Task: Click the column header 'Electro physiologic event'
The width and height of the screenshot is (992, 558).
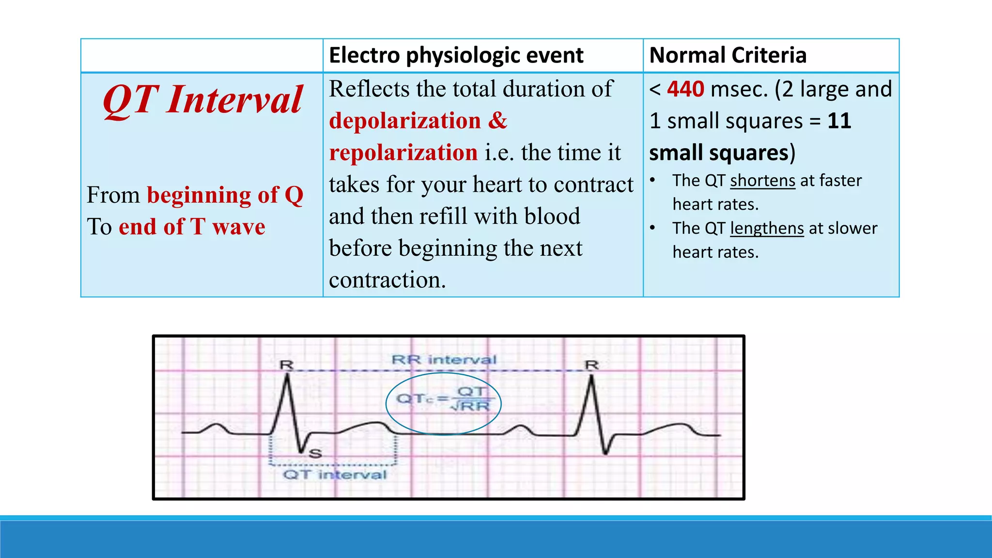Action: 456,55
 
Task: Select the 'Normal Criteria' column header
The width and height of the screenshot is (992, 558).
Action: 728,55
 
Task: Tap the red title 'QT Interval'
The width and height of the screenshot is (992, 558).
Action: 202,100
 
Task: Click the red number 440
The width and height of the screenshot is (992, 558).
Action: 685,89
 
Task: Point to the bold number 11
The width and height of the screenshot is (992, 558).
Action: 839,121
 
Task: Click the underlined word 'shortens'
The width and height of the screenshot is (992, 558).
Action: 762,181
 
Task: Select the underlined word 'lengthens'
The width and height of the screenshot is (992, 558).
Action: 767,228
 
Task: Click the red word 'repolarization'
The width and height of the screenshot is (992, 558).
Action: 403,153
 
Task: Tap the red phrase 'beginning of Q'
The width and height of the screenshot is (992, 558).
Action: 225,195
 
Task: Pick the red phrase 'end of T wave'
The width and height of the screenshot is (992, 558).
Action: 192,227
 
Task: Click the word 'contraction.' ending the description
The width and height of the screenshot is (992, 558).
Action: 387,280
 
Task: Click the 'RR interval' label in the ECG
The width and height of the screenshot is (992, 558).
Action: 444,360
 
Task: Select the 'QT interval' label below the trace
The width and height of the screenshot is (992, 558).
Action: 335,474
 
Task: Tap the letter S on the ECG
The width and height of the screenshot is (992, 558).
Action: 315,454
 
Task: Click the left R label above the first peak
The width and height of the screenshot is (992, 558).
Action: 287,365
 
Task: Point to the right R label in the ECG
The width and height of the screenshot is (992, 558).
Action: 592,365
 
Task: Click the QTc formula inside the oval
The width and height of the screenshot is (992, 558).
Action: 443,399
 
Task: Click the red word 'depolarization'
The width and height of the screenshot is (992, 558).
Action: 405,121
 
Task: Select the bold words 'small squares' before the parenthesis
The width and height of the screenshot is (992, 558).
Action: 719,153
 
